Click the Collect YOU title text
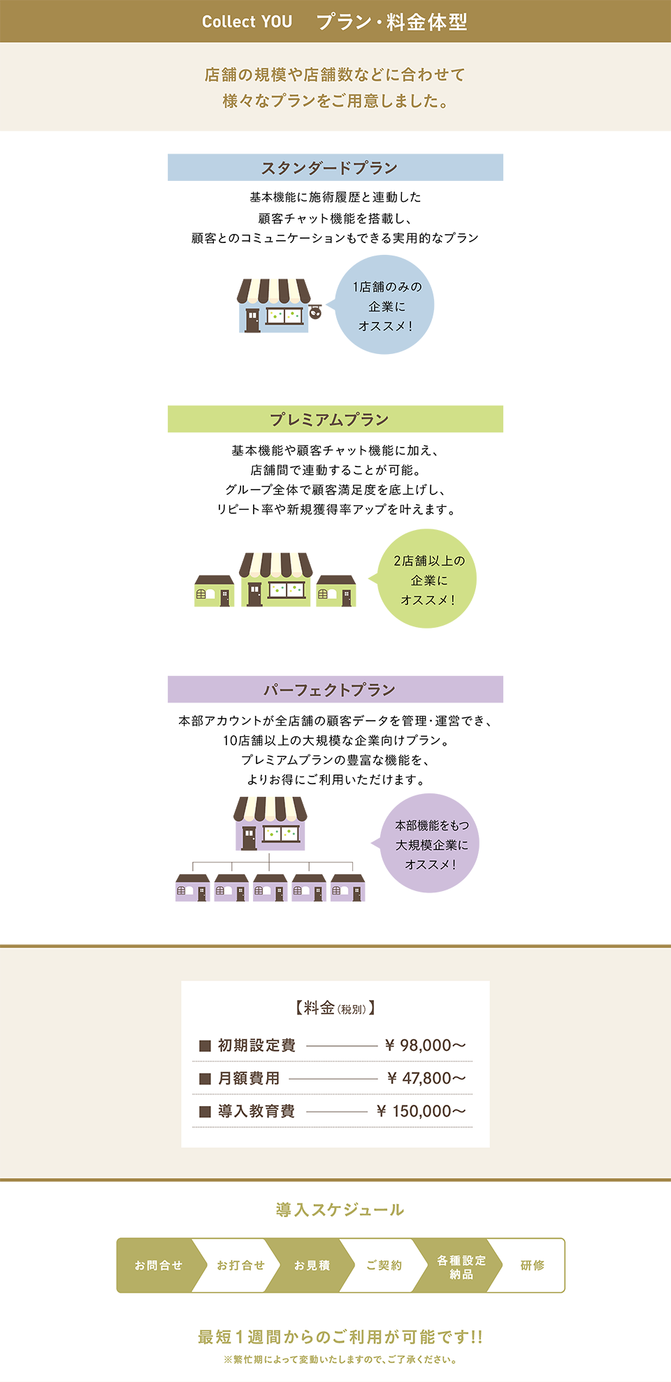247,22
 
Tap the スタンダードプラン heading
329,168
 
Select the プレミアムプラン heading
329,419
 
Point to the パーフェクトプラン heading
329,690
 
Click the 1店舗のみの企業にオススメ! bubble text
387,307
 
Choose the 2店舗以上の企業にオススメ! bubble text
428,580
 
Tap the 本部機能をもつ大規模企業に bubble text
431,836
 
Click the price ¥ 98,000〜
425,1045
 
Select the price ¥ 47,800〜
426,1078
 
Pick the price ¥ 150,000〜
421,1111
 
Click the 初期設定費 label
257,1045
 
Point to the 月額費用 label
249,1078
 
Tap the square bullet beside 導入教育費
205,1111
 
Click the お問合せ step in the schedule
159,1265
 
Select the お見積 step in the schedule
312,1265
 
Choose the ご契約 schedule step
384,1265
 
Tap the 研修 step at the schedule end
533,1265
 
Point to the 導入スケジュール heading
340,1210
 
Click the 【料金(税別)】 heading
335,1008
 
